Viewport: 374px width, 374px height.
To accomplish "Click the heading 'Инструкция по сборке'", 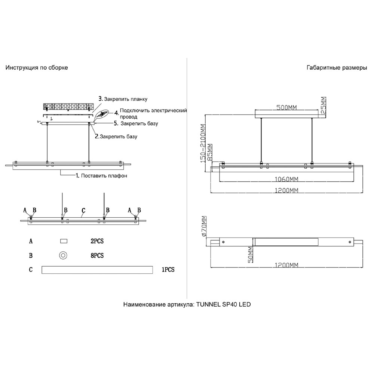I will pos(37,68).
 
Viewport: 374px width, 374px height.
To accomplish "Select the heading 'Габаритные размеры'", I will pos(337,68).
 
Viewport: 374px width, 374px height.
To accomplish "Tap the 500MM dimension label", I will pos(287,108).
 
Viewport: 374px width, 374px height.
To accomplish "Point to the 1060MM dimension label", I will pos(287,178).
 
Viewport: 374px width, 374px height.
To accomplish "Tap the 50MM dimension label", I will pos(251,255).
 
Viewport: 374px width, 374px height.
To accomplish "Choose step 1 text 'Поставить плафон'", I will pos(102,176).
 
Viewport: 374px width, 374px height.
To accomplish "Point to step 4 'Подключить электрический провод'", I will pos(151,113).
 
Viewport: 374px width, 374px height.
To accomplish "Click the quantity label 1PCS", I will pos(168,269).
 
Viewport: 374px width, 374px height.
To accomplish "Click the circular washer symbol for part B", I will pos(63,255).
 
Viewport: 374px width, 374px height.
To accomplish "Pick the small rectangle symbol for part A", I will pos(63,242).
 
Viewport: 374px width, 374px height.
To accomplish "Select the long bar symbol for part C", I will pos(97,269).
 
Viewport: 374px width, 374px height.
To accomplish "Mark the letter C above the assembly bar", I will pos(83,211).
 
